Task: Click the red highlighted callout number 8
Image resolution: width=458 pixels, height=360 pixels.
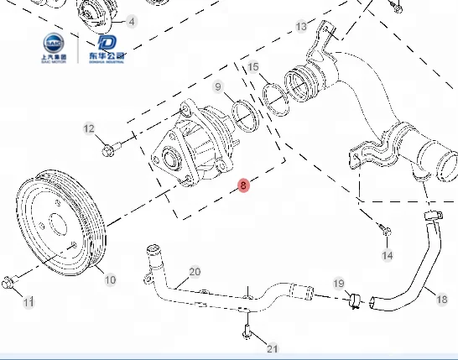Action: click(x=243, y=185)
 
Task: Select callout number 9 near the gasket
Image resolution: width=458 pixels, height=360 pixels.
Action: click(x=218, y=86)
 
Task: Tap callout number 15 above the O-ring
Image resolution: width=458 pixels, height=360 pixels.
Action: click(x=253, y=66)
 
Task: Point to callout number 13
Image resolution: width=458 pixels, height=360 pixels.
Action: click(x=302, y=27)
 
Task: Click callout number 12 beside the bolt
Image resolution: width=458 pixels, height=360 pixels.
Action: click(x=90, y=128)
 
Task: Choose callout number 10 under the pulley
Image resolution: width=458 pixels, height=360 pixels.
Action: click(x=110, y=279)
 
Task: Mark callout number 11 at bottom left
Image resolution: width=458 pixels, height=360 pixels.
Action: click(x=29, y=301)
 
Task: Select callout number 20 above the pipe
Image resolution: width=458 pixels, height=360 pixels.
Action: click(x=195, y=271)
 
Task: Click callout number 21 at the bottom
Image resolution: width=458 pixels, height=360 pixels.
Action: click(x=272, y=348)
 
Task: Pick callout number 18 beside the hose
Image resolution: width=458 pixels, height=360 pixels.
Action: click(x=441, y=298)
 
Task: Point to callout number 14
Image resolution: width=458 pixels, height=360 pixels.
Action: click(x=387, y=254)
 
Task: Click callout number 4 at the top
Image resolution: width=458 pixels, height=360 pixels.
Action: click(x=131, y=20)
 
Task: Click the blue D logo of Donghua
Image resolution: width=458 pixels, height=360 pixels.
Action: click(x=107, y=44)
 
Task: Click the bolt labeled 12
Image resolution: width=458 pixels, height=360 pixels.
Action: click(x=109, y=151)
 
